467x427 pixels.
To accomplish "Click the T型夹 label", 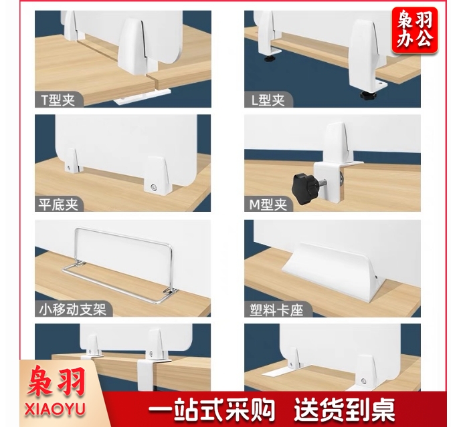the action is [58, 100].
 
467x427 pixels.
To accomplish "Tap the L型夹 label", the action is [268, 100].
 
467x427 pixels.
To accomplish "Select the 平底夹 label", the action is [58, 204].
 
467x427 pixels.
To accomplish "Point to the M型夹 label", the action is [268, 204].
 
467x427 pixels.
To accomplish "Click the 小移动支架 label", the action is [73, 309].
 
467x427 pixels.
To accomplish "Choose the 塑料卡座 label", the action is [276, 310].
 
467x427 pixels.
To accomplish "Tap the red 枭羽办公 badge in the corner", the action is [415, 30].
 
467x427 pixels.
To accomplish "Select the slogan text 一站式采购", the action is [211, 410].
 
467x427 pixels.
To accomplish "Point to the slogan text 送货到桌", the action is [345, 410].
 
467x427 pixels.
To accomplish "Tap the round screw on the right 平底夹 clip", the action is [153, 187].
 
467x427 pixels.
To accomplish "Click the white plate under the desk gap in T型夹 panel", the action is [141, 96].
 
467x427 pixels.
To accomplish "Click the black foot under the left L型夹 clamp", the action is [270, 58].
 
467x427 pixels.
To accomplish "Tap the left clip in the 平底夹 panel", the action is [72, 160].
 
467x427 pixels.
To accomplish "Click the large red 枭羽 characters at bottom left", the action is [56, 382].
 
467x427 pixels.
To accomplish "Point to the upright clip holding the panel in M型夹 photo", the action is [338, 142].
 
